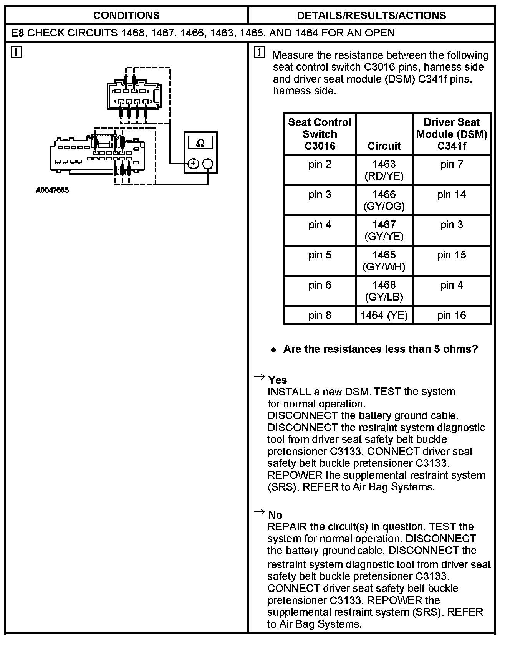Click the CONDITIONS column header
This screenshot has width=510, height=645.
point(126,15)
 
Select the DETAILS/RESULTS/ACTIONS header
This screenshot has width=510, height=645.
point(371,15)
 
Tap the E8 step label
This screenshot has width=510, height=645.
point(18,33)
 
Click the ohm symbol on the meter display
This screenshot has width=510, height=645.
point(200,143)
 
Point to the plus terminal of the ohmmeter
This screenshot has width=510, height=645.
point(193,164)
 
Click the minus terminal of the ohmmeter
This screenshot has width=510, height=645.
point(207,164)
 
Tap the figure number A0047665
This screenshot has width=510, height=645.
point(53,190)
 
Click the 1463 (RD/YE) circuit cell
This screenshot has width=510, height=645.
point(384,170)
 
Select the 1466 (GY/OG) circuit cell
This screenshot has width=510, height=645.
point(384,200)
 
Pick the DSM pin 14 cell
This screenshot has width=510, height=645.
point(451,195)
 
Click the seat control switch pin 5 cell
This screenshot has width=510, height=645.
point(320,255)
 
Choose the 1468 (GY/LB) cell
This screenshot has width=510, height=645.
point(384,291)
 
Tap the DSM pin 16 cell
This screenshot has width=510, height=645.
point(451,315)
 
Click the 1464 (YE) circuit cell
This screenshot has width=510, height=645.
point(384,315)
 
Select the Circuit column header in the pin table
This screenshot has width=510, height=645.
point(384,146)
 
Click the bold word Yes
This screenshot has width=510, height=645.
point(278,380)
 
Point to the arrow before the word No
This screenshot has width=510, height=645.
point(260,512)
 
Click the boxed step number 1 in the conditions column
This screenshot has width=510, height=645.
point(16,52)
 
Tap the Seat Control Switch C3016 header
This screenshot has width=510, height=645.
point(320,134)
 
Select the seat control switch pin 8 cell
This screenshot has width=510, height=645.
point(320,315)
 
